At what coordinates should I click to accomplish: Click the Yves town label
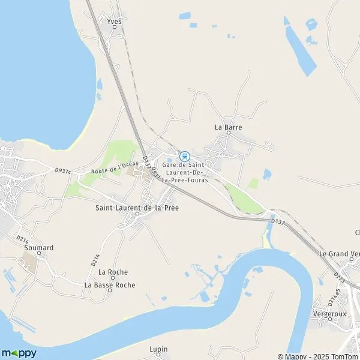coord(114,21)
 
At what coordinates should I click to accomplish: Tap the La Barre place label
coord(227,127)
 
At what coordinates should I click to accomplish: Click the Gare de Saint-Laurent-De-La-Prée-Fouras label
coord(184,172)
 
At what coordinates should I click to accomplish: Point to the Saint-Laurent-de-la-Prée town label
coord(137,208)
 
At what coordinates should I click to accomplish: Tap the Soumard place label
coord(39,247)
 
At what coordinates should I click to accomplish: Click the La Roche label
coord(113,272)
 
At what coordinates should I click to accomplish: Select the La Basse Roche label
coord(110,285)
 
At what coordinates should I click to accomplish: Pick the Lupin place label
coord(158,349)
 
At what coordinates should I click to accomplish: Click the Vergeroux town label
coord(329,314)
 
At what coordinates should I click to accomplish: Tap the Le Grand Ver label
coord(339,254)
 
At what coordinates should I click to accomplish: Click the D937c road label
coord(62,171)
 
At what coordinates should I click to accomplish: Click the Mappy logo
coord(19,353)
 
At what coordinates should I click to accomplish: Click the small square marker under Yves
coord(115,28)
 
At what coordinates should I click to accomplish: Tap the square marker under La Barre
coord(228,133)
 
